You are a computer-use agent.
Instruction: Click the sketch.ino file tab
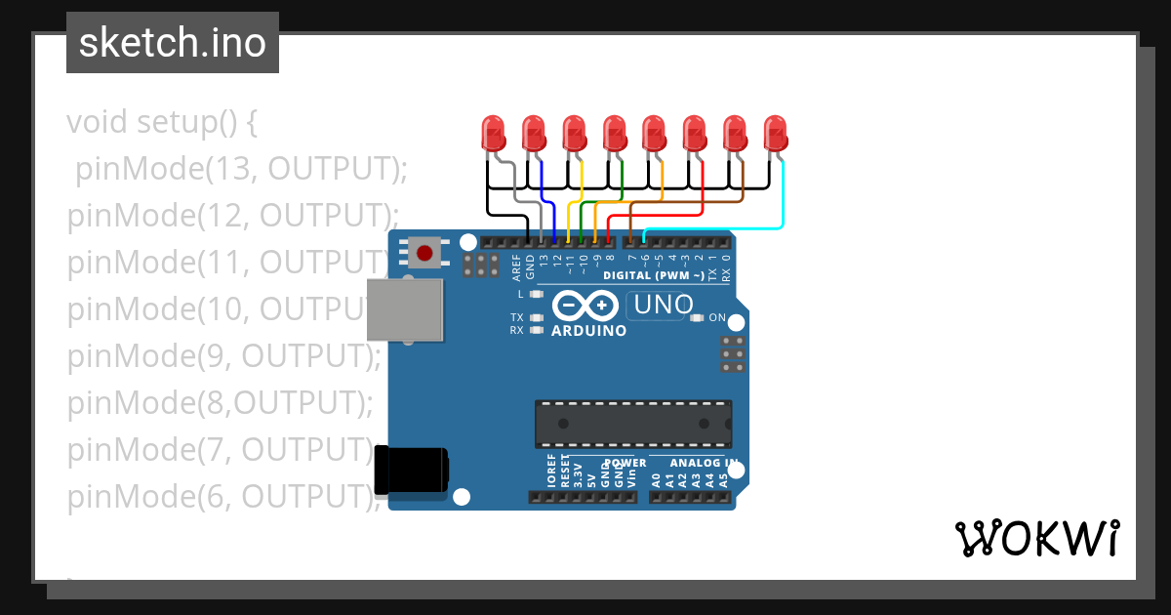point(173,43)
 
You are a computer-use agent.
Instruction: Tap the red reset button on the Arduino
point(424,254)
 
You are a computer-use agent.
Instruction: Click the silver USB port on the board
point(404,309)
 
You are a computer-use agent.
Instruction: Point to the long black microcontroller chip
point(632,423)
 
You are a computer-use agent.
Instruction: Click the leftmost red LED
point(494,133)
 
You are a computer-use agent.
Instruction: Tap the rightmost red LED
point(775,133)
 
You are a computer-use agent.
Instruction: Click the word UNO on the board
point(663,306)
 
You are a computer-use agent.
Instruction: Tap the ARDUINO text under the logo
point(588,331)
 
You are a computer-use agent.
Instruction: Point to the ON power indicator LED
point(697,317)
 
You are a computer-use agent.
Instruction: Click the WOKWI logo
point(1036,538)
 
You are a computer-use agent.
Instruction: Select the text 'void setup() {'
point(161,123)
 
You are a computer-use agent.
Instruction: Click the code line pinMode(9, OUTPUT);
point(223,357)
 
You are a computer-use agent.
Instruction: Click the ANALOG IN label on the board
point(703,463)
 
